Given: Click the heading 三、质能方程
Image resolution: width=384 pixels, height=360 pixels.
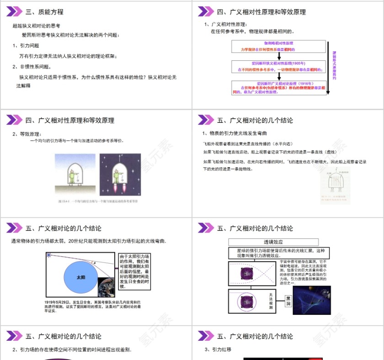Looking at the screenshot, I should point(44,12).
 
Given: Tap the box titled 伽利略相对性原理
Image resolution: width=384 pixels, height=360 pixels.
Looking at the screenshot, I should point(278,46).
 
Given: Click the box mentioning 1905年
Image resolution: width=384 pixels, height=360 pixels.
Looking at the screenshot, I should point(278,67).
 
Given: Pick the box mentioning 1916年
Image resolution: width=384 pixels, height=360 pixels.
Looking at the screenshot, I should point(278,88).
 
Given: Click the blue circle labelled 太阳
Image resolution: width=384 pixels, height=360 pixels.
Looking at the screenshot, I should point(81,277).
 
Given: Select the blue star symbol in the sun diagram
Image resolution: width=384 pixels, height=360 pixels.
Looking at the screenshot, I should point(49,255).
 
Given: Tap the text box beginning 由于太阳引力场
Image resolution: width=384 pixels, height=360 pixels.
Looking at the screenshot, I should point(134,271).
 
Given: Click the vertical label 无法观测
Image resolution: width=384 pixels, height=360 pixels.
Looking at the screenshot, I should point(271,302).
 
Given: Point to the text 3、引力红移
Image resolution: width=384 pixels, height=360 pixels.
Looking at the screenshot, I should point(219,349).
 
